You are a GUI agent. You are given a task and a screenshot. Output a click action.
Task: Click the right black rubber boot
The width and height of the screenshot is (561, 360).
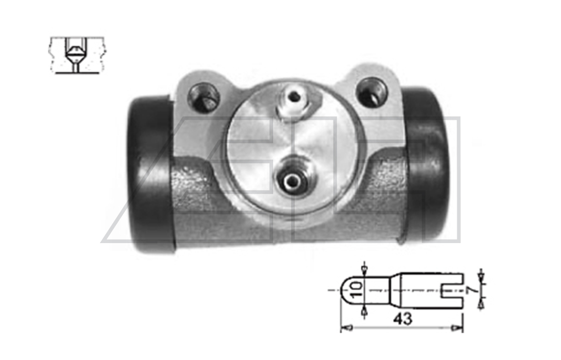click(x=426, y=165)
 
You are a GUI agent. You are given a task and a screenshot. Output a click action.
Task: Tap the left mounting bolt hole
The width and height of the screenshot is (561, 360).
click(x=204, y=97)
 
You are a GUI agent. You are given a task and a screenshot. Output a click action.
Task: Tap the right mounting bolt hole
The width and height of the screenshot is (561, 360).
click(x=373, y=91)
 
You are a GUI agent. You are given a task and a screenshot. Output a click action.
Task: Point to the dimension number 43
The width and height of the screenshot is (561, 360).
click(x=402, y=318)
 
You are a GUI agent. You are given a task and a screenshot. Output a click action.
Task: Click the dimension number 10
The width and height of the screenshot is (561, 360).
click(x=356, y=290)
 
